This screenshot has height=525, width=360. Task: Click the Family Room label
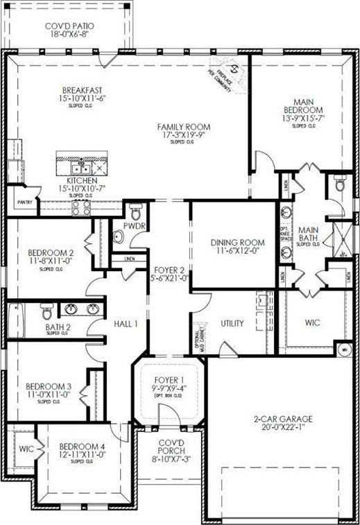[183, 126]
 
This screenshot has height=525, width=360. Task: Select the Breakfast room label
[83, 91]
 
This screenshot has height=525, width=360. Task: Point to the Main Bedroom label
[304, 105]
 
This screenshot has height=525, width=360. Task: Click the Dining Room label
[237, 243]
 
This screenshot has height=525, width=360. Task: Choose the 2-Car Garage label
[283, 419]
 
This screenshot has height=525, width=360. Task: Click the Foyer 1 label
[169, 379]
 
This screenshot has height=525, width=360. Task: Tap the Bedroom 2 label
[51, 252]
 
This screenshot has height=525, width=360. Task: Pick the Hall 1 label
[126, 323]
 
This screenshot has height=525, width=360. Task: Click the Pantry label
[17, 203]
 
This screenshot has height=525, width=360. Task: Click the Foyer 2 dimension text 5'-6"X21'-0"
[169, 278]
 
